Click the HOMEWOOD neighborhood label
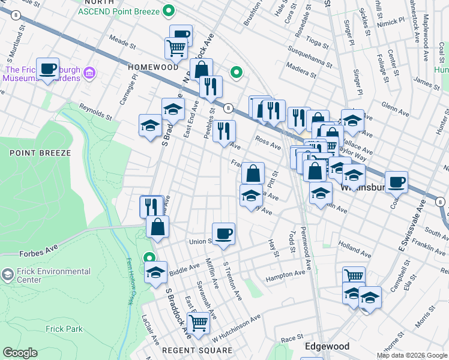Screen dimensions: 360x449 coord(153,67)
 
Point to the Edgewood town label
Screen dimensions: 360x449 coord(327,346)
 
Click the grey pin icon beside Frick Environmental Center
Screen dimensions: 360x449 coord(7,275)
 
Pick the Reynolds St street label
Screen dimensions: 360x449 coord(96,111)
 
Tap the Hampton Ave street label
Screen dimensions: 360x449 coord(286,274)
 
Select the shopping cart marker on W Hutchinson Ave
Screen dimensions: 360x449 coord(198,323)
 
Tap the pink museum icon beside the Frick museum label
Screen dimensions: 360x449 coord(90,73)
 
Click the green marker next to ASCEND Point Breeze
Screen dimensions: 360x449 coord(169,10)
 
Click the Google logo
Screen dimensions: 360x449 coord(20,353)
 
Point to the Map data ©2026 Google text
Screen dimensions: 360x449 coord(411,355)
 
